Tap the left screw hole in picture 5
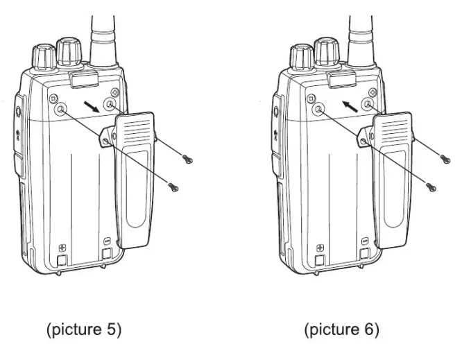60,109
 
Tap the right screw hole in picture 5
110,105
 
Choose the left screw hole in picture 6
318,109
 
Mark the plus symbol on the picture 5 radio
62,248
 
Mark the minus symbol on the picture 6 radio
365,241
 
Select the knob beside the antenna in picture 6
327,50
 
